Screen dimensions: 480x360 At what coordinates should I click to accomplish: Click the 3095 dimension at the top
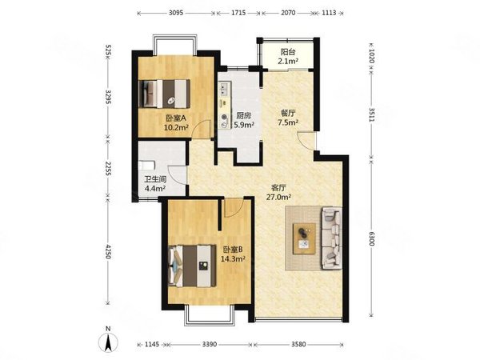point(176,13)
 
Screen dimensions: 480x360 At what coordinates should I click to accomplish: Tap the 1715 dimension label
point(238,13)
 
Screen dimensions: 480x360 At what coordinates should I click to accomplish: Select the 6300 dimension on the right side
point(372,238)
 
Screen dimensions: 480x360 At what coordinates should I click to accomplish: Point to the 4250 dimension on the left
point(108,251)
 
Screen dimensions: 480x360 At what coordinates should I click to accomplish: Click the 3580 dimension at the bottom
point(298,344)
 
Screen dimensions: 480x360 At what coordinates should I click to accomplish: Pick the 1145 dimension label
point(152,344)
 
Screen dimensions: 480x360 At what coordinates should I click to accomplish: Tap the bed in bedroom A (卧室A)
point(164,94)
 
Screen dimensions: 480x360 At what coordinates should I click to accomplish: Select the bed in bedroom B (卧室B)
point(192,266)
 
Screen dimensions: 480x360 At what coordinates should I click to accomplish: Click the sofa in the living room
point(331,238)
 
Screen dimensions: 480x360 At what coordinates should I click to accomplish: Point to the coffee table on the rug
point(304,238)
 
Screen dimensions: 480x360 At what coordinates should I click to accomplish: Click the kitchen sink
point(224,89)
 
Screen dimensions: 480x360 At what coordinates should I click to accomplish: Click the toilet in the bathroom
point(146,166)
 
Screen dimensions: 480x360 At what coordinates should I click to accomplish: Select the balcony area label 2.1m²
point(288,62)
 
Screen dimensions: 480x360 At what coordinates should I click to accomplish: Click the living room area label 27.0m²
point(278,197)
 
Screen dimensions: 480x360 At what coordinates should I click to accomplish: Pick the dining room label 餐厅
point(288,114)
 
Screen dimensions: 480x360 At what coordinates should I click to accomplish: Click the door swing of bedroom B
point(234,207)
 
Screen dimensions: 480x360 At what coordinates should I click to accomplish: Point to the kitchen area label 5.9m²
point(244,125)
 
